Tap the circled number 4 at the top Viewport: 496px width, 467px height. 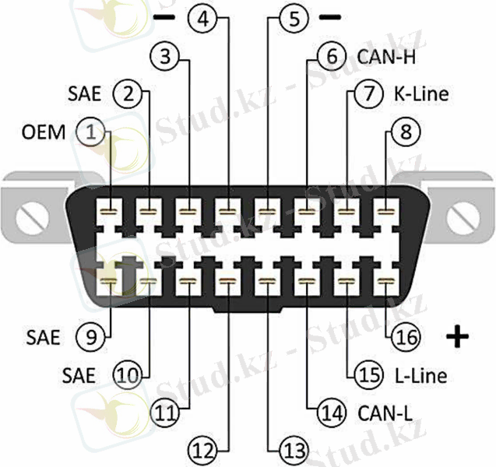pyautogui.click(x=202, y=17)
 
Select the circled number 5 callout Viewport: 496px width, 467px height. pyautogui.click(x=293, y=17)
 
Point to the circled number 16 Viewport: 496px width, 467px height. pyautogui.click(x=406, y=336)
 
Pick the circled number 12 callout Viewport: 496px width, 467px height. pyautogui.click(x=203, y=449)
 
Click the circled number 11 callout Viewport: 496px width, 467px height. pyautogui.click(x=165, y=413)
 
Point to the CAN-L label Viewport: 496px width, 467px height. pyautogui.click(x=378, y=413)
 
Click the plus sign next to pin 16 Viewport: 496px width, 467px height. pyautogui.click(x=458, y=336)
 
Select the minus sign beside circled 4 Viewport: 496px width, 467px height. pyautogui.click(x=165, y=16)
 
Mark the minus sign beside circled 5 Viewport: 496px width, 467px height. pyautogui.click(x=330, y=16)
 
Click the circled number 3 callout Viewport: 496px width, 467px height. pyautogui.click(x=166, y=56)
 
